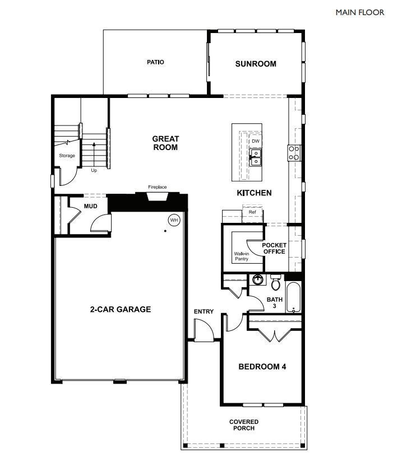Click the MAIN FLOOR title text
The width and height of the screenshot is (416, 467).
(359, 12)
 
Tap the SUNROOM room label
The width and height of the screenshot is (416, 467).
(255, 64)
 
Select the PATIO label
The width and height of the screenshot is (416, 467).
(155, 62)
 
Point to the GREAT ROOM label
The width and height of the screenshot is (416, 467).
(165, 143)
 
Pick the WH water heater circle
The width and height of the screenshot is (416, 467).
(174, 220)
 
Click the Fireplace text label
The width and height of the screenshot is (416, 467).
(157, 187)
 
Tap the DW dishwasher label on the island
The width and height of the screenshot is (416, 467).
(256, 141)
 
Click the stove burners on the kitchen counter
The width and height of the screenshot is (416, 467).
(294, 152)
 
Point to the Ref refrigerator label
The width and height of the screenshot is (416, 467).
(252, 212)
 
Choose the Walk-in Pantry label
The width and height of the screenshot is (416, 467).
(242, 256)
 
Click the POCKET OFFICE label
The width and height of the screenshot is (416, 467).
(274, 248)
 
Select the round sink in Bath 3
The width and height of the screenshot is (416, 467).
(258, 279)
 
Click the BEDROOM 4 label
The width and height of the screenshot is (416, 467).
(262, 367)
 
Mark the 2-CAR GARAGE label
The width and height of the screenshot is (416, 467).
(121, 309)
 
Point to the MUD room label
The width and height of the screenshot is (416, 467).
(91, 207)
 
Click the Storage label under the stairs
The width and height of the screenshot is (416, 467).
(67, 156)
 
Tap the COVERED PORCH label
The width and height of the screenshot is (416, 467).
(244, 425)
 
